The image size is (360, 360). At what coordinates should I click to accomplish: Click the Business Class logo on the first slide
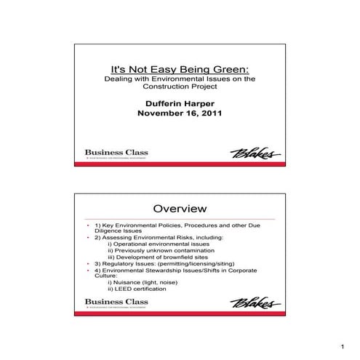[116, 154]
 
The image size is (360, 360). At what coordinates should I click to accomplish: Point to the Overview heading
[180, 209]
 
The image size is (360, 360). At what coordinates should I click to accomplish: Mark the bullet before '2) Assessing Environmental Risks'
[87, 237]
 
